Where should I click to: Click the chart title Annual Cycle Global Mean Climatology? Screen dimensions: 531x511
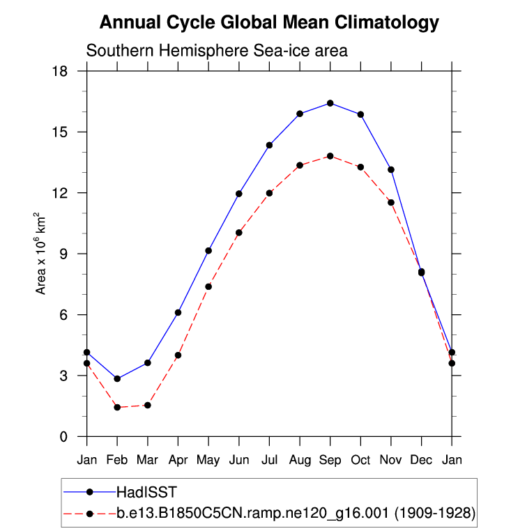[269, 22]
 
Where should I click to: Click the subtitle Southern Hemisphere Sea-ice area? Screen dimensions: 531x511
[217, 51]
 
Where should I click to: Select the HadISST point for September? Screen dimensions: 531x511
[330, 103]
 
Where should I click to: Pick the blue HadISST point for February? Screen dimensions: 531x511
[117, 378]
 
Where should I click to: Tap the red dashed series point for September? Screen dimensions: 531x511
[330, 156]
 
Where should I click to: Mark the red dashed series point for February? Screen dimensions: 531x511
[117, 407]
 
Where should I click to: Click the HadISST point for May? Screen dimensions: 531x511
[208, 250]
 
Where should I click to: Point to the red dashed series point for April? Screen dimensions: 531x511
[178, 355]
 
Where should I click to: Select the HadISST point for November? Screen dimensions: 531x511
[391, 169]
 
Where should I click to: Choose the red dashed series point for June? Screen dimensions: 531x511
[239, 233]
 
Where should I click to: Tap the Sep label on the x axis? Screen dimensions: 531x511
[330, 460]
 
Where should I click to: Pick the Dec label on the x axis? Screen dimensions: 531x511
[422, 460]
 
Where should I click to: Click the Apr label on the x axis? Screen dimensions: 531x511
[178, 460]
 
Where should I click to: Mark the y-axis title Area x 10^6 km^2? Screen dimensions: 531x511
[41, 254]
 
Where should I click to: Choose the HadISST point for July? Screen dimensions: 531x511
[269, 145]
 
